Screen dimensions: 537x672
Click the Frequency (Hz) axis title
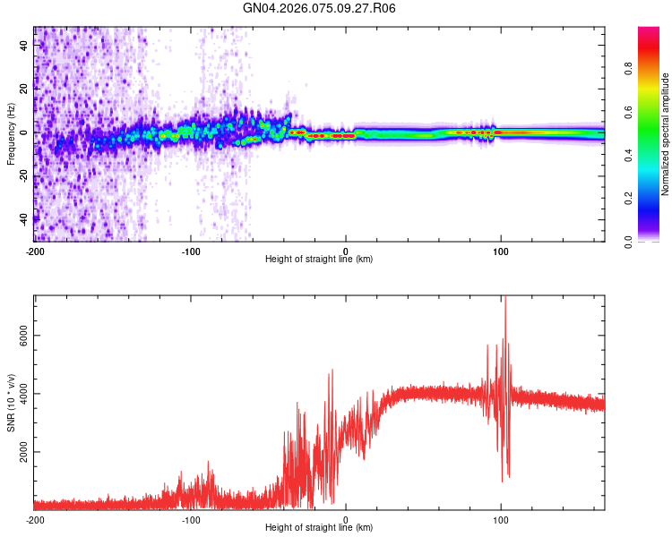(11, 134)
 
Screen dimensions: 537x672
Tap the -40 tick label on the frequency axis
(24, 218)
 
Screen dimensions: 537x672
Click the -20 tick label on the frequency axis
(24, 175)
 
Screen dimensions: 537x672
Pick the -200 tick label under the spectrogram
(34, 250)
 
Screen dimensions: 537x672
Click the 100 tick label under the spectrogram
(501, 250)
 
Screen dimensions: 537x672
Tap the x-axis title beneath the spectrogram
(319, 260)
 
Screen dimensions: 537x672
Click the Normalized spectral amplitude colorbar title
(666, 134)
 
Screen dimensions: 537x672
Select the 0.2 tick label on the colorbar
(653, 199)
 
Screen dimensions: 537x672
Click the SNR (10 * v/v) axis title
(11, 403)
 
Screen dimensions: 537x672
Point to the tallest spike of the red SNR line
(505, 297)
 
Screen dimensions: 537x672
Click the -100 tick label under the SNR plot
(190, 518)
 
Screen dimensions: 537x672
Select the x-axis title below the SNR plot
(319, 528)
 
